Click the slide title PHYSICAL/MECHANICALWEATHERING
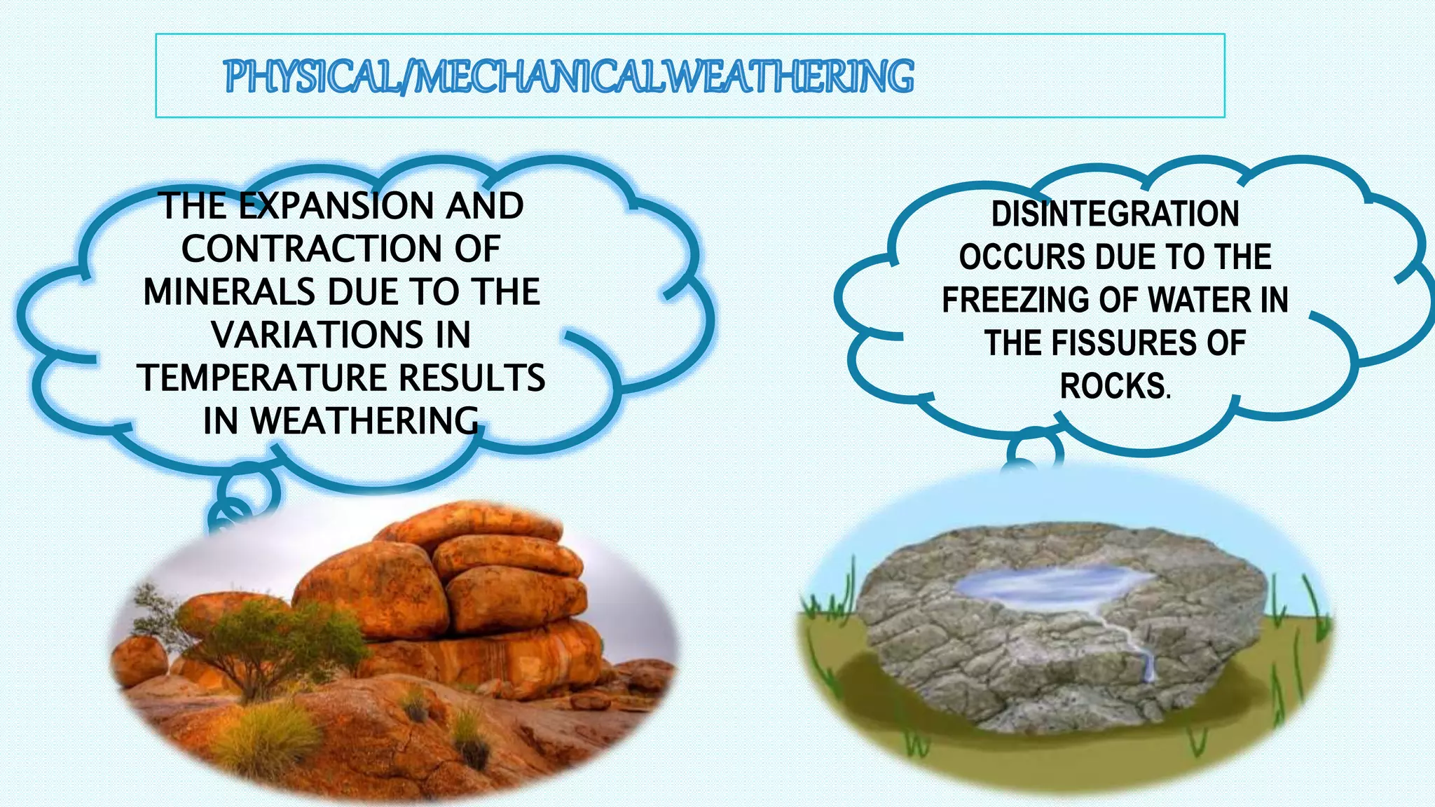[569, 77]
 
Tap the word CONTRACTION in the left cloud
[311, 249]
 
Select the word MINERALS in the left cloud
[228, 292]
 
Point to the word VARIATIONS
[317, 335]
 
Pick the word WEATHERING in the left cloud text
[364, 421]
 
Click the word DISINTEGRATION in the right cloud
[1115, 214]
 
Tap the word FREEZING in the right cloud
[1015, 300]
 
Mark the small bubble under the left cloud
[247, 488]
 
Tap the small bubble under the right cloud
[1034, 450]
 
